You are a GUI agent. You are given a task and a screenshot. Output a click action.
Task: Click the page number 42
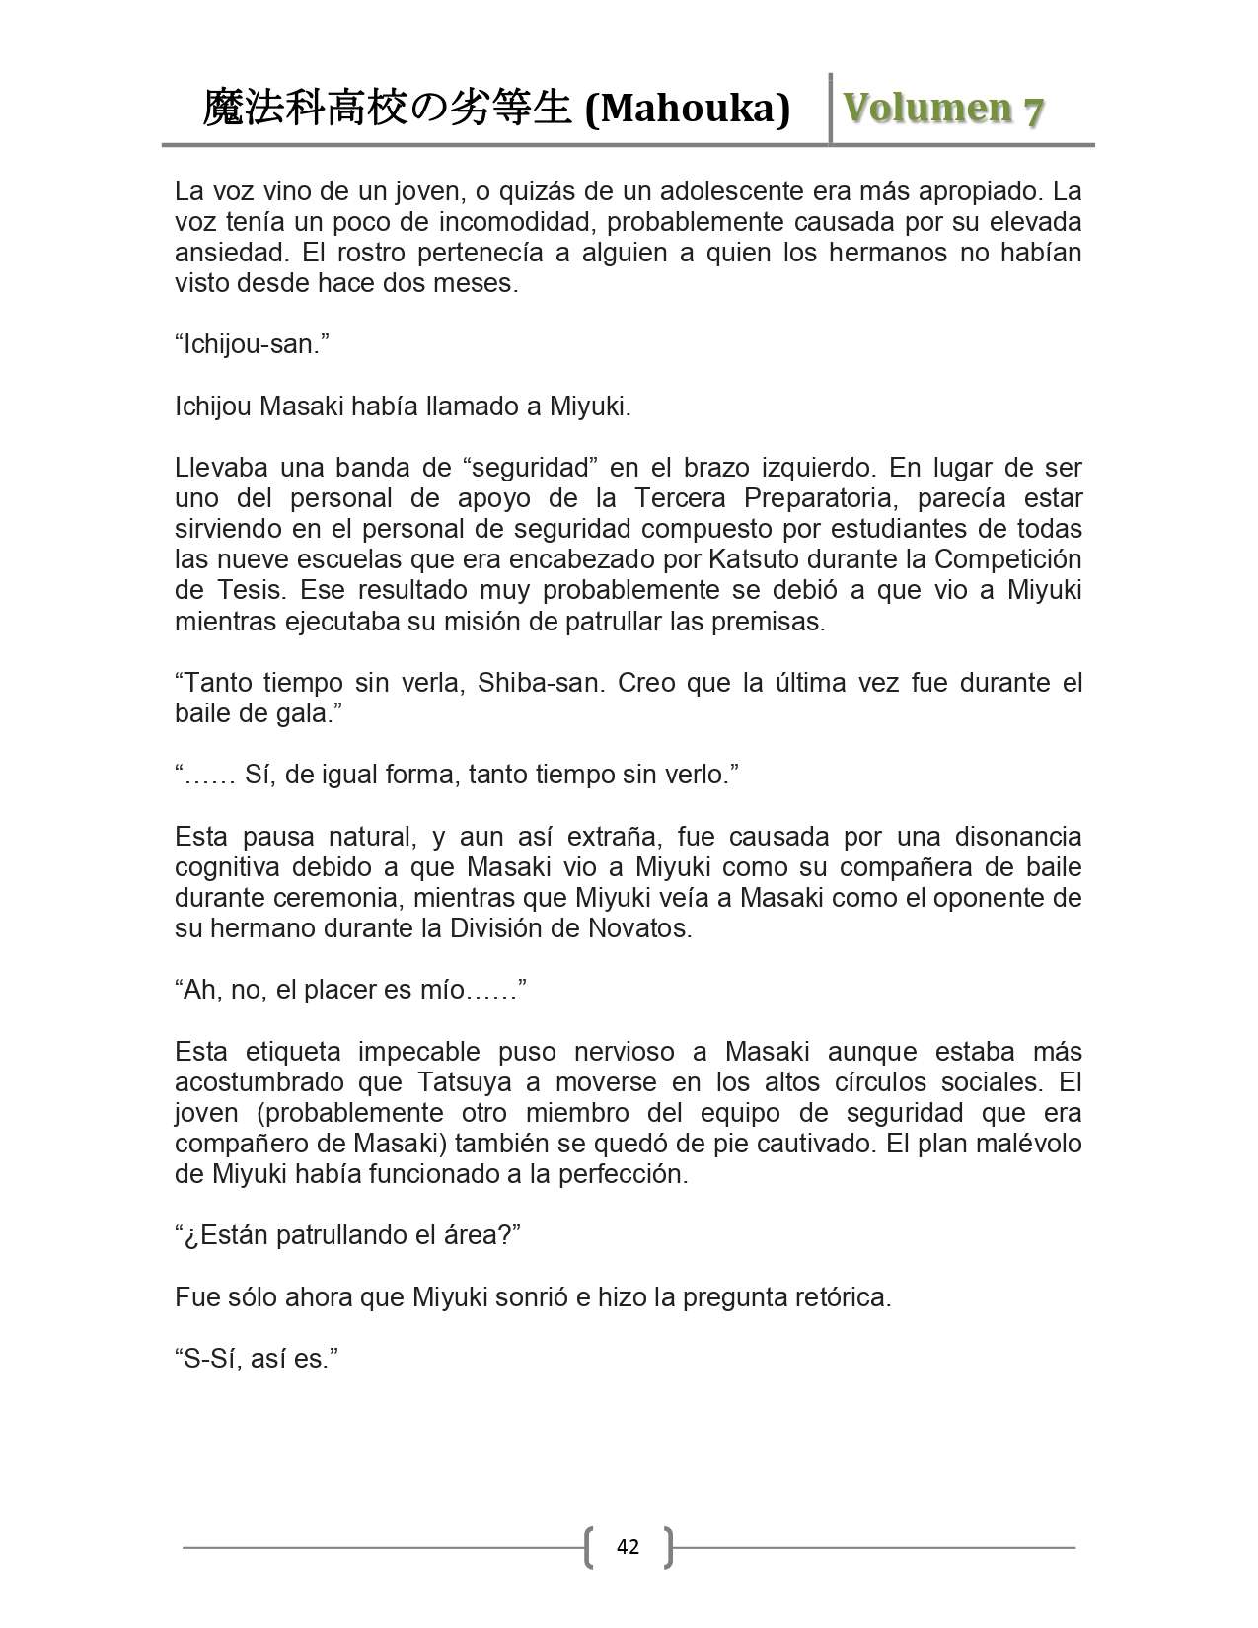pyautogui.click(x=628, y=1546)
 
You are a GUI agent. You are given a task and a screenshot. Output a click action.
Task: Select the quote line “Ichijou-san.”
pyautogui.click(x=252, y=344)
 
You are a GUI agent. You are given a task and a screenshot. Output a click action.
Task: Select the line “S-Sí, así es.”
pyautogui.click(x=257, y=1359)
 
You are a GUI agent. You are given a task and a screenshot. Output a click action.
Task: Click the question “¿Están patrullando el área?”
pyautogui.click(x=347, y=1235)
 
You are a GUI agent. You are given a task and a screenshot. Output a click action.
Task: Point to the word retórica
pyautogui.click(x=842, y=1296)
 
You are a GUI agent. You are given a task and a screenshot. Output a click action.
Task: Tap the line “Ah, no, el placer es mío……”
pyautogui.click(x=350, y=990)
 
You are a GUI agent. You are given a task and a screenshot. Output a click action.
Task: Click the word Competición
pyautogui.click(x=1008, y=559)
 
